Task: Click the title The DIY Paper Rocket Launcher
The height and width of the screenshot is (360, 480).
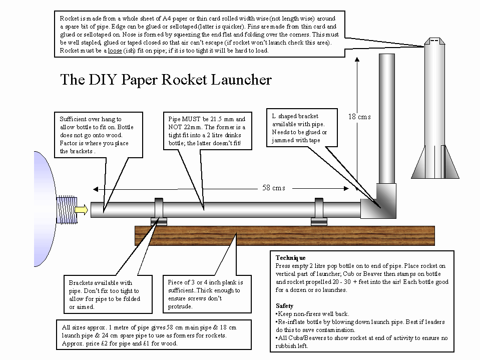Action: [x=166, y=80]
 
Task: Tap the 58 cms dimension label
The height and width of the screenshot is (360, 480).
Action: [x=273, y=188]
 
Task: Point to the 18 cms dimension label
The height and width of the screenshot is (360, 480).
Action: [x=359, y=117]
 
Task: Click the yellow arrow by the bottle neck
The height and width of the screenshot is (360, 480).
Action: [x=81, y=209]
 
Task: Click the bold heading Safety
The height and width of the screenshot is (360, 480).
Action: [x=284, y=305]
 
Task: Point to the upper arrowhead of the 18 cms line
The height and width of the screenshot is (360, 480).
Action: [x=357, y=59]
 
